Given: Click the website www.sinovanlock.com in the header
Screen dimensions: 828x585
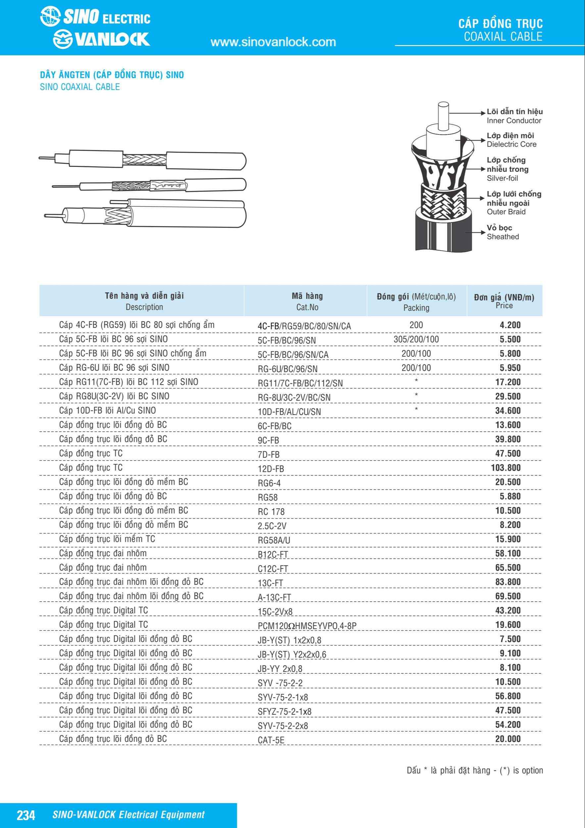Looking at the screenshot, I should click(273, 42).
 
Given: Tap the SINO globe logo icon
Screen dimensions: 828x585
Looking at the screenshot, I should click(50, 17).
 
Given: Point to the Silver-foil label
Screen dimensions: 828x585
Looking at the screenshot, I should click(502, 178).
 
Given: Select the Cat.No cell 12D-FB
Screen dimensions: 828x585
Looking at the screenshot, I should click(271, 469).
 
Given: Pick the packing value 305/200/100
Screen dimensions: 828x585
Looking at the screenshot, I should click(416, 339).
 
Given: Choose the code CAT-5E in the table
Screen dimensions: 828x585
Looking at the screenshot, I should click(271, 740).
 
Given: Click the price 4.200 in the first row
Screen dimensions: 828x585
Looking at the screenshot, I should click(510, 325).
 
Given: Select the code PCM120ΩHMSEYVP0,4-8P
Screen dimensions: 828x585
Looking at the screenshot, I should click(307, 626).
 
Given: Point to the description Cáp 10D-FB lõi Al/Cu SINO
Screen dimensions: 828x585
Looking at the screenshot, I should click(107, 410).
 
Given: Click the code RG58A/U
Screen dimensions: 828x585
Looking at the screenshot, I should click(273, 540).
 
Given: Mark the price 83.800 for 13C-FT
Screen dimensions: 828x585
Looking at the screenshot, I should click(508, 582).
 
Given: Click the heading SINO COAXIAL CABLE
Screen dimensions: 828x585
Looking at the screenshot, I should click(80, 87).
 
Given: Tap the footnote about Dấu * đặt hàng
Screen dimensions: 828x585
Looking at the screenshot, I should click(474, 771).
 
